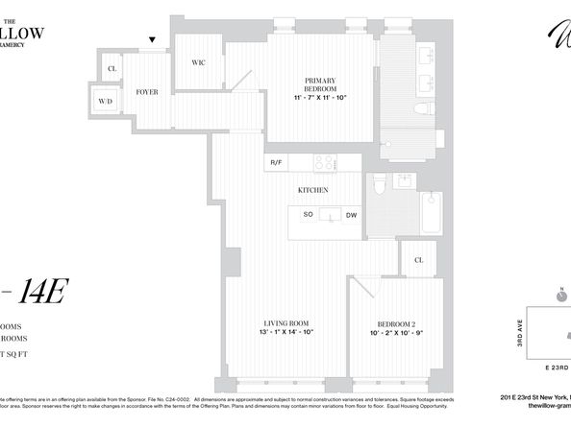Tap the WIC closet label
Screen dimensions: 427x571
coord(199,62)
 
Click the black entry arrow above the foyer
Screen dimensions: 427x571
coord(149,39)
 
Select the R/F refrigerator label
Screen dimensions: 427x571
coord(276,162)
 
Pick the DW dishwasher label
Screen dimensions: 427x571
coord(351,215)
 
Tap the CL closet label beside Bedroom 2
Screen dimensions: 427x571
coord(419,259)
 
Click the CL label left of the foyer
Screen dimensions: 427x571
coord(112,68)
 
